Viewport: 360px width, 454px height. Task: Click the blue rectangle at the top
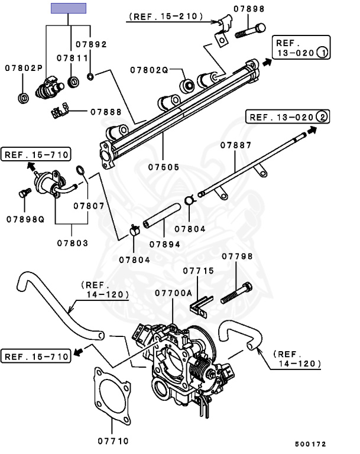pyautogui.click(x=69, y=8)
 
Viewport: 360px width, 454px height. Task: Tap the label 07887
pyautogui.click(x=236, y=145)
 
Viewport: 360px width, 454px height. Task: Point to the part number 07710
pyautogui.click(x=113, y=440)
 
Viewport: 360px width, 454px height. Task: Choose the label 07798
pyautogui.click(x=237, y=256)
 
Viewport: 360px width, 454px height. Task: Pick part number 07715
pyautogui.click(x=198, y=271)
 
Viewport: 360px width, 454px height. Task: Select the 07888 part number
pyautogui.click(x=106, y=111)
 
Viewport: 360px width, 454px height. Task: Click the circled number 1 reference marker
pyautogui.click(x=322, y=52)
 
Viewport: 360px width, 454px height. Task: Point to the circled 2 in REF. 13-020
pyautogui.click(x=322, y=116)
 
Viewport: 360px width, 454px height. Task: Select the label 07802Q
pyautogui.click(x=150, y=70)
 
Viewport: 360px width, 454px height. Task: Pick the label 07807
pyautogui.click(x=89, y=206)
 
